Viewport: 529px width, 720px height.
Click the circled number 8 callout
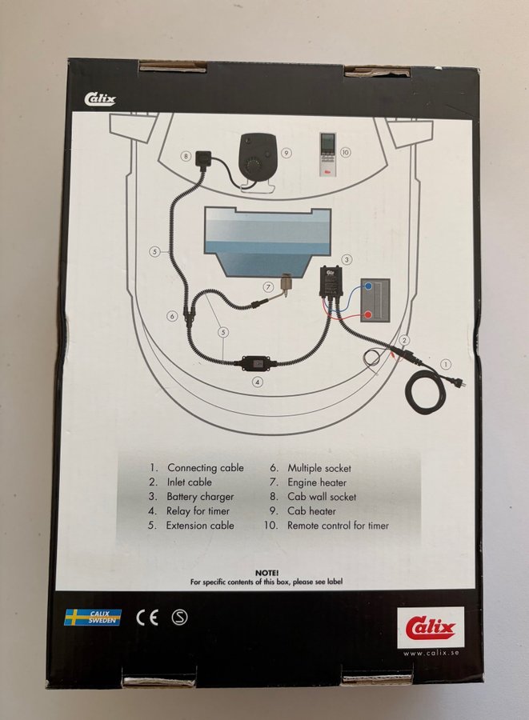point(186,156)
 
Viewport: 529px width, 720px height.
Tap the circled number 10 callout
point(345,153)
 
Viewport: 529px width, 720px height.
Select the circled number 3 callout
point(347,259)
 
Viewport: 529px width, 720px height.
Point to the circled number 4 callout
point(258,382)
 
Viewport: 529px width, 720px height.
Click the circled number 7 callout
point(269,287)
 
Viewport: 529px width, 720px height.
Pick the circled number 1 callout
point(446,365)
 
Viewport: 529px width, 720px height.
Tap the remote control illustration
point(328,154)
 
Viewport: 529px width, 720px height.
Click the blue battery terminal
point(368,286)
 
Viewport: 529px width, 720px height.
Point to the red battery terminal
point(368,315)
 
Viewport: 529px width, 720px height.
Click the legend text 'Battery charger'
point(200,497)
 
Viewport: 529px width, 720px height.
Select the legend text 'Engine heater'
point(317,482)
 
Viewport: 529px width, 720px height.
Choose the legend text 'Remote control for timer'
point(338,526)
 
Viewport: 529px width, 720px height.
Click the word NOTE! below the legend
point(267,573)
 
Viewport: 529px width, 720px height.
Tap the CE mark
point(147,618)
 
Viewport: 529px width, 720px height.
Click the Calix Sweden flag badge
point(93,617)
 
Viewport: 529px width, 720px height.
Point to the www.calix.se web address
point(431,654)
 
